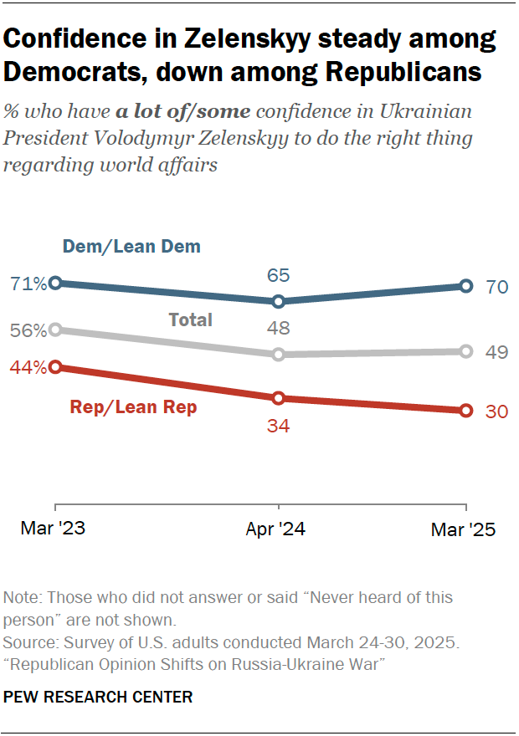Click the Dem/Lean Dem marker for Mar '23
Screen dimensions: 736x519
(x=55, y=284)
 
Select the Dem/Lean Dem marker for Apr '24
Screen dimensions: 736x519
(x=279, y=301)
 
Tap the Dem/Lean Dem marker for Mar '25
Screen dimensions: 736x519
(x=466, y=287)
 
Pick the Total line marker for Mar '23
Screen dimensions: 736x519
(x=55, y=330)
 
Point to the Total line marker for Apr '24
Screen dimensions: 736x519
(x=279, y=355)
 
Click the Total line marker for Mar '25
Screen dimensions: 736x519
(x=466, y=351)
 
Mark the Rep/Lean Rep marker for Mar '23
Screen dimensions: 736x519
(x=55, y=366)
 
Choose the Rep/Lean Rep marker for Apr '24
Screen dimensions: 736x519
(x=279, y=398)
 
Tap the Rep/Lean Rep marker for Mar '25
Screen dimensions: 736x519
(x=466, y=411)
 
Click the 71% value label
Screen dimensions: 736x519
(x=28, y=284)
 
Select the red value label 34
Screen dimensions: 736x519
(x=278, y=426)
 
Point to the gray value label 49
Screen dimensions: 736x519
(x=497, y=352)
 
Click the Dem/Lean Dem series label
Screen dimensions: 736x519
(x=131, y=246)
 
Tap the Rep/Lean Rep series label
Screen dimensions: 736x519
(x=133, y=408)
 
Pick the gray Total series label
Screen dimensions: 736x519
(x=190, y=319)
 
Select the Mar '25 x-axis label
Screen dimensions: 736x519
(x=463, y=530)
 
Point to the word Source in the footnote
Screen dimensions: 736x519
(x=28, y=643)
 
